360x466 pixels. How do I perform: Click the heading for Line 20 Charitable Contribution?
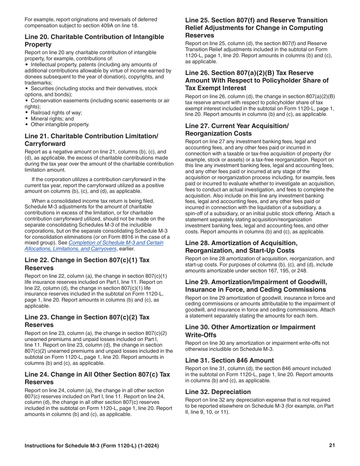[x=94, y=41]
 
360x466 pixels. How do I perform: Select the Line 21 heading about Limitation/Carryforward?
[x=91, y=140]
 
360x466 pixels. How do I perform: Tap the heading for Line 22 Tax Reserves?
[x=87, y=264]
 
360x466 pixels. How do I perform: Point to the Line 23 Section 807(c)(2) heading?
[x=87, y=321]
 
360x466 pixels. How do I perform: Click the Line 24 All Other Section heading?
[x=97, y=378]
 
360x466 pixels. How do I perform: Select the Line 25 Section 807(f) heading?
[x=256, y=28]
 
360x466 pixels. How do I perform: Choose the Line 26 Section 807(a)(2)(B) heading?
[x=257, y=80]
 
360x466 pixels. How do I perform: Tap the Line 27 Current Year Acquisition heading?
[x=237, y=130]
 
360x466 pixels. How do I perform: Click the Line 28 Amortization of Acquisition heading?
[x=241, y=247]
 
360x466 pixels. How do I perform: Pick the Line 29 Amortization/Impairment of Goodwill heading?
[x=256, y=286]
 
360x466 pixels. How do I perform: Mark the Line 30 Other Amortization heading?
[x=250, y=331]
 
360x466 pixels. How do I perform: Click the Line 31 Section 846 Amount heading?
[x=229, y=360]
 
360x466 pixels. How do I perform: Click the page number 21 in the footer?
[x=332, y=446]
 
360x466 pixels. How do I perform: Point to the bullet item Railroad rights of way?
[x=56, y=113]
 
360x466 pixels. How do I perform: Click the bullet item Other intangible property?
[x=60, y=124]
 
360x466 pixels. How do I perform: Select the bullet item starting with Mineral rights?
[x=52, y=119]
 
